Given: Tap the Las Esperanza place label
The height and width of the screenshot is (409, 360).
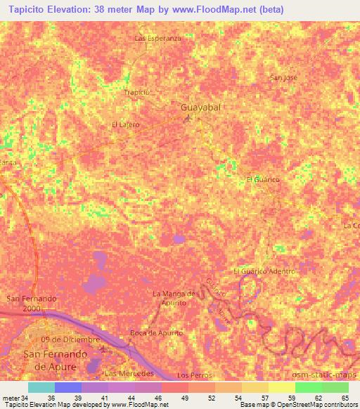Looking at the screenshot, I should [158, 38].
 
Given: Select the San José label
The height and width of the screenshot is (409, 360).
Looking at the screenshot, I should [284, 78].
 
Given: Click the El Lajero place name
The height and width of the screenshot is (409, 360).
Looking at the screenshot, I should [126, 124].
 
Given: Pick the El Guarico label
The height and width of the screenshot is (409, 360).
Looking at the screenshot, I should [263, 180].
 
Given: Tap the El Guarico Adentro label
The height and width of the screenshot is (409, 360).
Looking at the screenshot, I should [264, 271].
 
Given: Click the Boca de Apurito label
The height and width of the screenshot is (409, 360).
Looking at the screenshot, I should [156, 332].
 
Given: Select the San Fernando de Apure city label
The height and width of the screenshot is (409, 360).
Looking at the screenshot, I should [54, 359].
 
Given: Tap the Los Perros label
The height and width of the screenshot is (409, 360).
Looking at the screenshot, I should [195, 376].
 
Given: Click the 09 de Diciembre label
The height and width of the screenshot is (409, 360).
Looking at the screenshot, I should [70, 339].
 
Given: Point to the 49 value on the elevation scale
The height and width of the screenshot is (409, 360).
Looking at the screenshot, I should [174, 397].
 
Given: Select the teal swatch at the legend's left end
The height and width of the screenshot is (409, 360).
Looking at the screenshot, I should [41, 387].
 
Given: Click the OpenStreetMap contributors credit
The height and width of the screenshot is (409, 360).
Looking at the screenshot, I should [317, 405].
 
